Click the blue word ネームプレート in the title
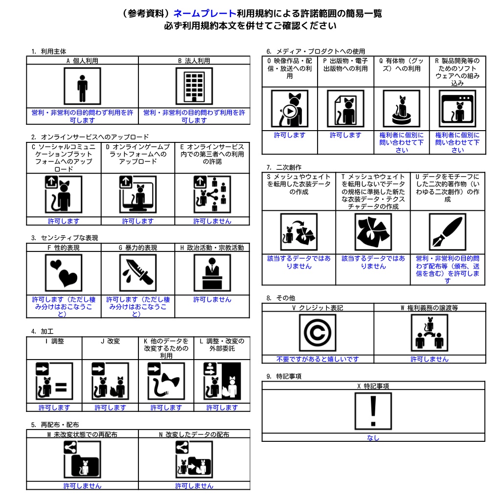click(205, 13)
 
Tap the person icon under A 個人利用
click(82, 86)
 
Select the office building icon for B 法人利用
click(194, 86)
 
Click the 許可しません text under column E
click(212, 221)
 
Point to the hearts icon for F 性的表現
click(64, 273)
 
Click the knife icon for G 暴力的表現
click(137, 273)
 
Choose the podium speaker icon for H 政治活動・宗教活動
click(212, 273)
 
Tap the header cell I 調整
click(54, 341)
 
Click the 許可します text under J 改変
click(110, 408)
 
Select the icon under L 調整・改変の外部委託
click(222, 381)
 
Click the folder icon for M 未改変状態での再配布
click(82, 459)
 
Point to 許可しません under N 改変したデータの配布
click(194, 486)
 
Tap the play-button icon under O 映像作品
click(290, 109)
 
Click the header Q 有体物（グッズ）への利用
click(402, 65)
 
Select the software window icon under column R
click(457, 109)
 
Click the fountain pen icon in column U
click(448, 232)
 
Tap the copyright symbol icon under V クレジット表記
click(318, 333)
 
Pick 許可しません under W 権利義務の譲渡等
click(430, 359)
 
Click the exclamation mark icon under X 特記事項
click(373, 411)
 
